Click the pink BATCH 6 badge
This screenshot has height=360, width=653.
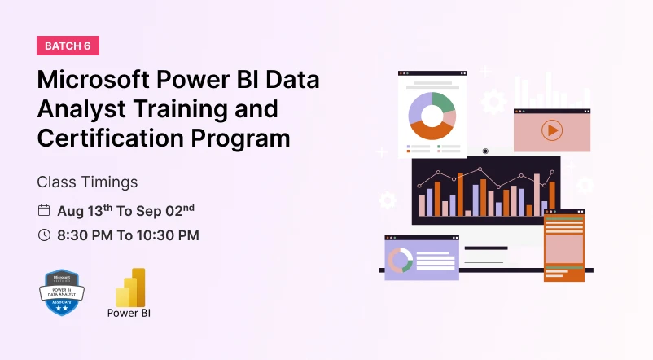pyautogui.click(x=68, y=46)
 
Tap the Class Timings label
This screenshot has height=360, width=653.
pyautogui.click(x=87, y=182)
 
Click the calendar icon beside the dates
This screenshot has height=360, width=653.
pyautogui.click(x=44, y=210)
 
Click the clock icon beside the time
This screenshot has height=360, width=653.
pyautogui.click(x=44, y=235)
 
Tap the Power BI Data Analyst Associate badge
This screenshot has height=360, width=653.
pyautogui.click(x=63, y=292)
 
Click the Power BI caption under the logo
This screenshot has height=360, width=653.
pyautogui.click(x=129, y=312)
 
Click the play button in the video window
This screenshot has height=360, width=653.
pyautogui.click(x=551, y=130)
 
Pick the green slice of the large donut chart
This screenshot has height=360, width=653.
pyautogui.click(x=443, y=103)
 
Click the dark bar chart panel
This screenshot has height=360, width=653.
pyautogui.click(x=485, y=191)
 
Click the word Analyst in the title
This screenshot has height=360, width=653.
pyautogui.click(x=78, y=109)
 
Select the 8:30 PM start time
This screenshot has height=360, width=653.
pyautogui.click(x=87, y=235)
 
